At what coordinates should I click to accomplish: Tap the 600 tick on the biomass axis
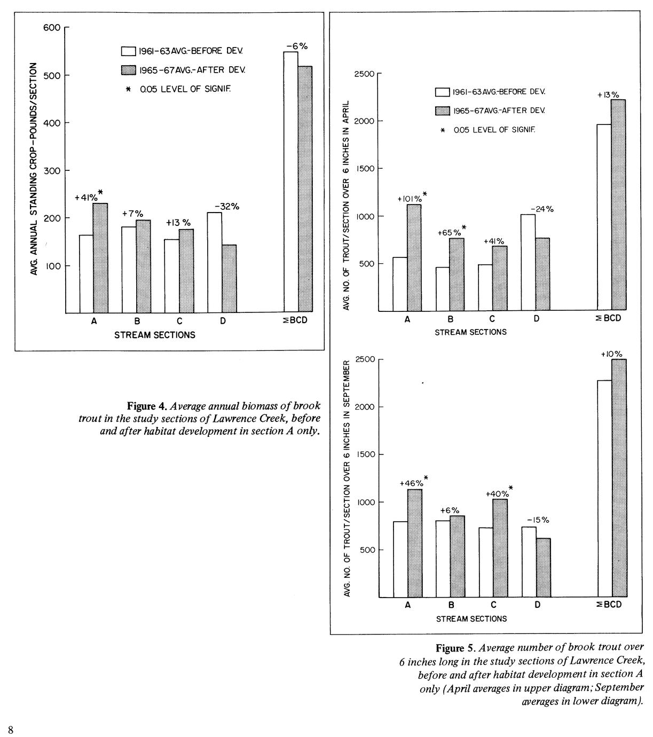coord(50,27)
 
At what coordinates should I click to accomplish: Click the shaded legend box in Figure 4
coord(129,70)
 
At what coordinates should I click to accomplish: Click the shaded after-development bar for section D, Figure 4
coord(229,279)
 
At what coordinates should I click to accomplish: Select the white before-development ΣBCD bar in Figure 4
coord(290,182)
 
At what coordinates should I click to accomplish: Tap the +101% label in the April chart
coord(410,199)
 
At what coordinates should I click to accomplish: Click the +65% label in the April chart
coord(450,232)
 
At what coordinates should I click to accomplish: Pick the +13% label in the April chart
coord(608,95)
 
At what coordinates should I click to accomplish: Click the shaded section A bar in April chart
coord(414,257)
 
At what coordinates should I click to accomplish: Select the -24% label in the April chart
coord(542,209)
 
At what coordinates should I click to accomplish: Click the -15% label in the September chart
coord(538,519)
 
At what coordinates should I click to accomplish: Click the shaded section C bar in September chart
coord(500,548)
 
